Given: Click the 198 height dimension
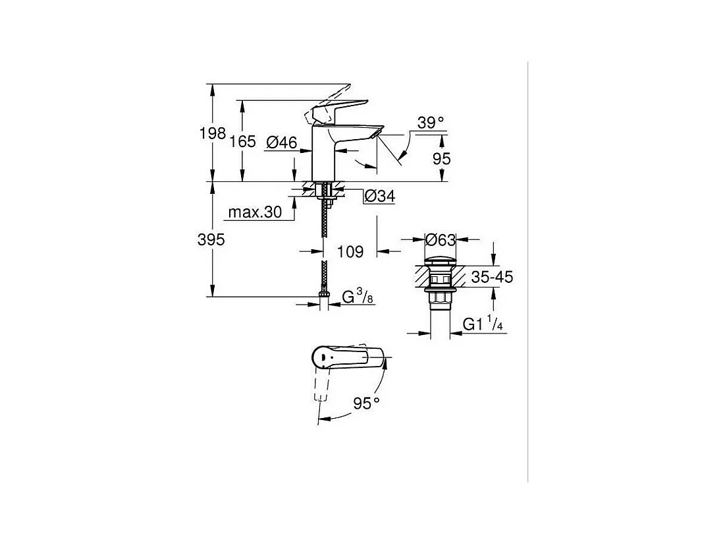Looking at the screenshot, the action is (212, 133).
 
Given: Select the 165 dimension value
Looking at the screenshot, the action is (243, 141).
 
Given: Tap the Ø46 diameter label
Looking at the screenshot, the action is (282, 142).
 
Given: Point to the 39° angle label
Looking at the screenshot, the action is (431, 123).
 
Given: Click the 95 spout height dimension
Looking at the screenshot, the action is (442, 159).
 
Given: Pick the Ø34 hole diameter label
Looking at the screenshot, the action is (380, 196).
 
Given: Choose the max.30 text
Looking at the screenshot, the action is (255, 212).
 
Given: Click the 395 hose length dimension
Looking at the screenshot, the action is (211, 239).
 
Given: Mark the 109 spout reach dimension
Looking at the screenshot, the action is (350, 251).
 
